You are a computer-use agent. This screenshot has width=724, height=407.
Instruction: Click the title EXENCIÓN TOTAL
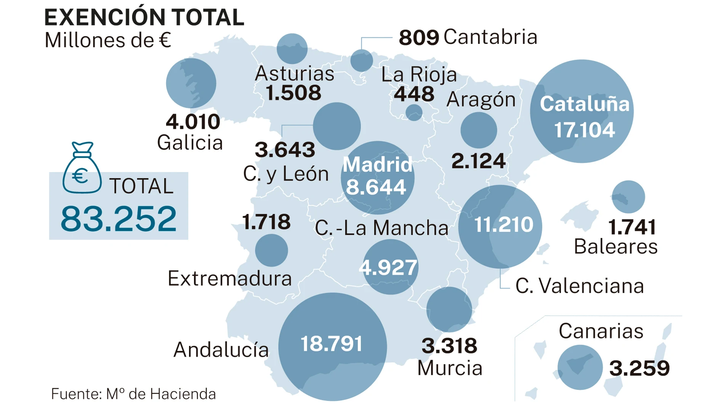(144, 18)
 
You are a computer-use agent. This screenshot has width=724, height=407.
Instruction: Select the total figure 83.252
(119, 219)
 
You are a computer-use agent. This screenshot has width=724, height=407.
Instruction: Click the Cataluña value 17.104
(584, 130)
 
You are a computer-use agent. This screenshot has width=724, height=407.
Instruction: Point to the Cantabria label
(490, 37)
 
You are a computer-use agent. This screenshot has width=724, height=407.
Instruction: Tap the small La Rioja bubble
(414, 112)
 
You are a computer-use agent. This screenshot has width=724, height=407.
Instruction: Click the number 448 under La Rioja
(414, 94)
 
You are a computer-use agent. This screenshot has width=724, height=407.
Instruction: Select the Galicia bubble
(191, 83)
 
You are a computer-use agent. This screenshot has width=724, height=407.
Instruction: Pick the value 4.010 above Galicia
(193, 122)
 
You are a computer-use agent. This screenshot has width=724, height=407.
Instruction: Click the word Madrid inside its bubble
(377, 164)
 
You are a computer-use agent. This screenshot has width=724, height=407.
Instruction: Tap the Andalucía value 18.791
(332, 344)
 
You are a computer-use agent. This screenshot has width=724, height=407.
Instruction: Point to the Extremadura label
(230, 278)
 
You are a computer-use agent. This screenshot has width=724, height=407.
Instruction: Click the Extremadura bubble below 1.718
(271, 250)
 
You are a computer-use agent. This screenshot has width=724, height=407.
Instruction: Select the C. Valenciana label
(580, 286)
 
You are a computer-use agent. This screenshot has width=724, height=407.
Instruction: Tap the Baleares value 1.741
(632, 227)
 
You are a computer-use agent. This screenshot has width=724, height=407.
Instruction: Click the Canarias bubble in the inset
(580, 367)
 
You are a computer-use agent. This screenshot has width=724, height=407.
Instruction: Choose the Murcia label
(450, 368)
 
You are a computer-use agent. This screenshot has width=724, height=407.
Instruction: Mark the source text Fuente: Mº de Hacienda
(133, 394)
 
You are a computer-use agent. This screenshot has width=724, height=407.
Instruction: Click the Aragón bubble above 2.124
(479, 130)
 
